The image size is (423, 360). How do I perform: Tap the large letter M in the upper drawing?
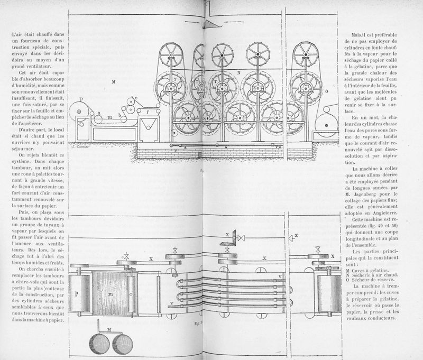click(114, 81)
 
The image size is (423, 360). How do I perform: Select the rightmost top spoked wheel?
click(307, 52)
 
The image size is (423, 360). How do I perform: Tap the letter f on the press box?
click(148, 112)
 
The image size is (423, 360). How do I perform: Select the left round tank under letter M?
click(99, 344)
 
